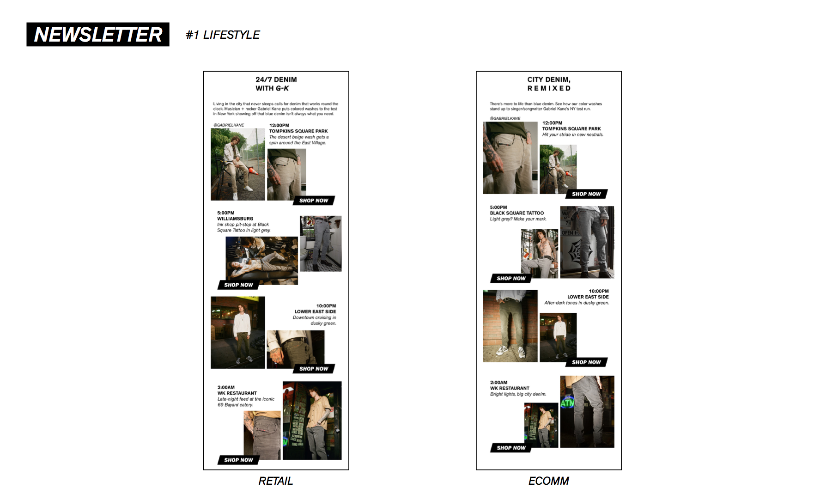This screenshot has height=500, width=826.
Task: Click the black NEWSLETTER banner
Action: tap(98, 35)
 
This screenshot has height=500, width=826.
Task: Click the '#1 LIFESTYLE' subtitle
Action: tap(223, 35)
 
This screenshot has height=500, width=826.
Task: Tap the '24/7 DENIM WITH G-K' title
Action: tap(276, 84)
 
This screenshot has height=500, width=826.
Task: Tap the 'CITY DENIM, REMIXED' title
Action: tap(549, 84)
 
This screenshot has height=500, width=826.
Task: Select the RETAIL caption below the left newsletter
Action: tap(276, 481)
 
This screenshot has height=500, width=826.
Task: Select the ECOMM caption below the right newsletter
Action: tap(548, 481)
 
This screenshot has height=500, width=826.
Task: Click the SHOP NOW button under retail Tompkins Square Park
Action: tap(314, 201)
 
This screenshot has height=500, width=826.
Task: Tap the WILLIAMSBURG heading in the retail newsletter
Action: tap(235, 219)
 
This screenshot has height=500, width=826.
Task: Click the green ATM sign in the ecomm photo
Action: tap(567, 403)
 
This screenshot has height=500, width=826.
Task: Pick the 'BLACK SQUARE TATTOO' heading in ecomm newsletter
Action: tap(516, 213)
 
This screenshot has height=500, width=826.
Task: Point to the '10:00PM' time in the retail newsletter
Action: tap(326, 306)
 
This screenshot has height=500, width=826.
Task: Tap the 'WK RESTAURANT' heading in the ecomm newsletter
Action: tap(510, 388)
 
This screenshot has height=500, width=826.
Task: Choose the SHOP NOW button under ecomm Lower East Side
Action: tap(586, 362)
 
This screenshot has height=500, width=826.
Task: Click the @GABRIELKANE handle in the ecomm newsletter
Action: tap(505, 118)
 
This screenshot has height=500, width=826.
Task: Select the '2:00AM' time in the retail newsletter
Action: tap(226, 387)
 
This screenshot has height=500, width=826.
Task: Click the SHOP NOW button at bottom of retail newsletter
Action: tap(238, 460)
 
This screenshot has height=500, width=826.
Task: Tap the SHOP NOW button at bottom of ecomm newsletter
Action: tap(511, 448)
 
